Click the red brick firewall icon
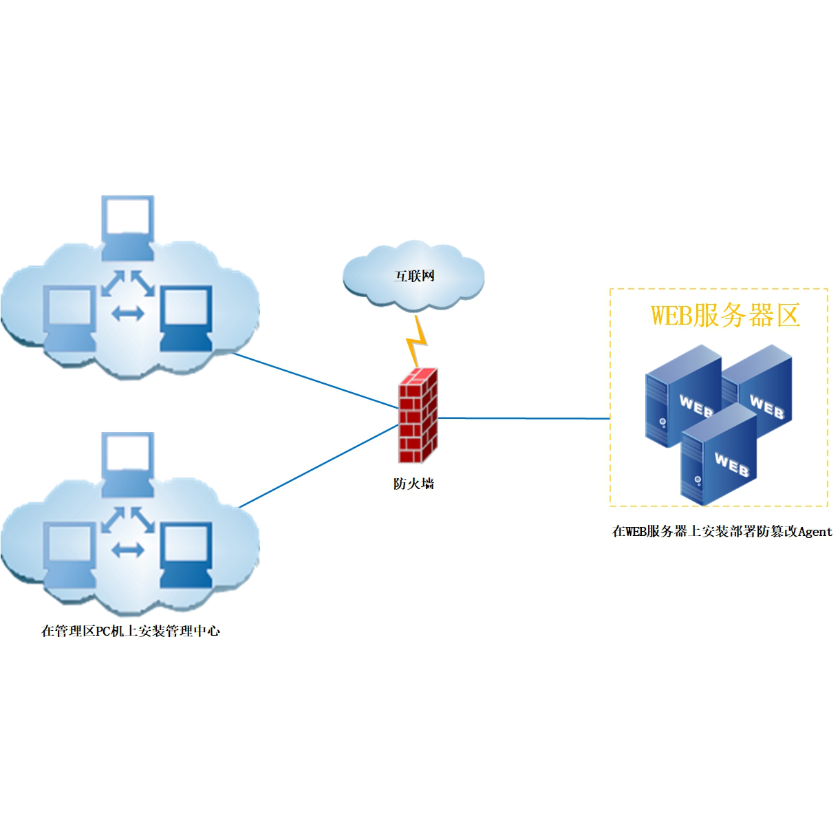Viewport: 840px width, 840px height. [418, 416]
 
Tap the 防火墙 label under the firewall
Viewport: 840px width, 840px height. [413, 484]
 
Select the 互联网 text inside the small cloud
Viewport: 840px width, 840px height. [415, 276]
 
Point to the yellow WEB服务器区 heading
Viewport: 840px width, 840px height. [725, 315]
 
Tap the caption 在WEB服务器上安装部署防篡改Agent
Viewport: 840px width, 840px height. [722, 531]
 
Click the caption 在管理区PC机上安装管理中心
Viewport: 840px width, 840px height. [131, 631]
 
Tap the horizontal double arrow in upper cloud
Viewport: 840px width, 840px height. [128, 314]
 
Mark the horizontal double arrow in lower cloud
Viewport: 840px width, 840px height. [128, 550]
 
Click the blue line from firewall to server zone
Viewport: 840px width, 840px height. [523, 418]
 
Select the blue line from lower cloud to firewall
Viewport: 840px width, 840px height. [318, 466]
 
